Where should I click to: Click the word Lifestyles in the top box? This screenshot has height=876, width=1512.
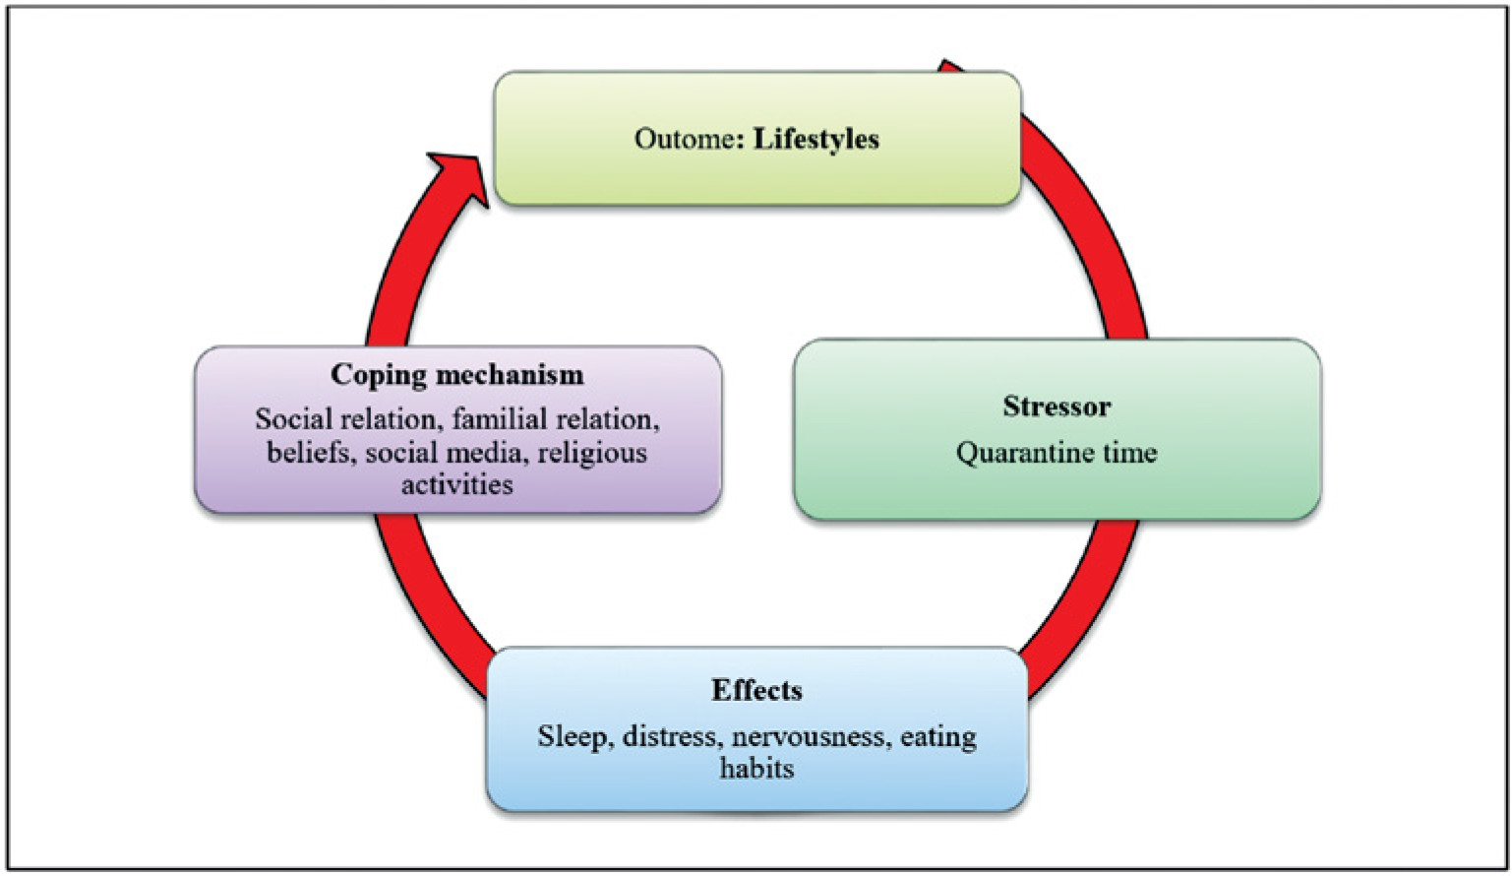point(816,139)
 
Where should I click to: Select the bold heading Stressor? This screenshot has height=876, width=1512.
point(1057,407)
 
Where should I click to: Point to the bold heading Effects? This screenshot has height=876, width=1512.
point(756,690)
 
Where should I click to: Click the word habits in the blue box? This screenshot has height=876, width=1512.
point(756,768)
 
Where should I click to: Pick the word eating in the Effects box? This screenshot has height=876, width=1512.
point(938,737)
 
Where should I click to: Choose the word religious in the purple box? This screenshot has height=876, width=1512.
point(592,454)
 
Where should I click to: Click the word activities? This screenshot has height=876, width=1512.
point(456,484)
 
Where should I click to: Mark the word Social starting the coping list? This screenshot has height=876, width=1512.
point(294,420)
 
